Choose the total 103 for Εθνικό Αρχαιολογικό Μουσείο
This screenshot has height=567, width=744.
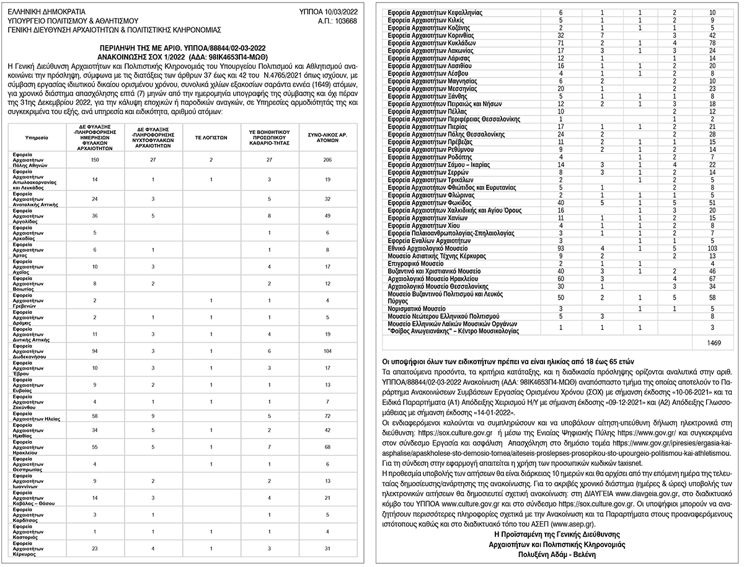pos(712,248)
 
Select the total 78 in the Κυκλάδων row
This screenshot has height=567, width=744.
pos(712,43)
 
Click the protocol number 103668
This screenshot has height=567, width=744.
pos(345,20)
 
